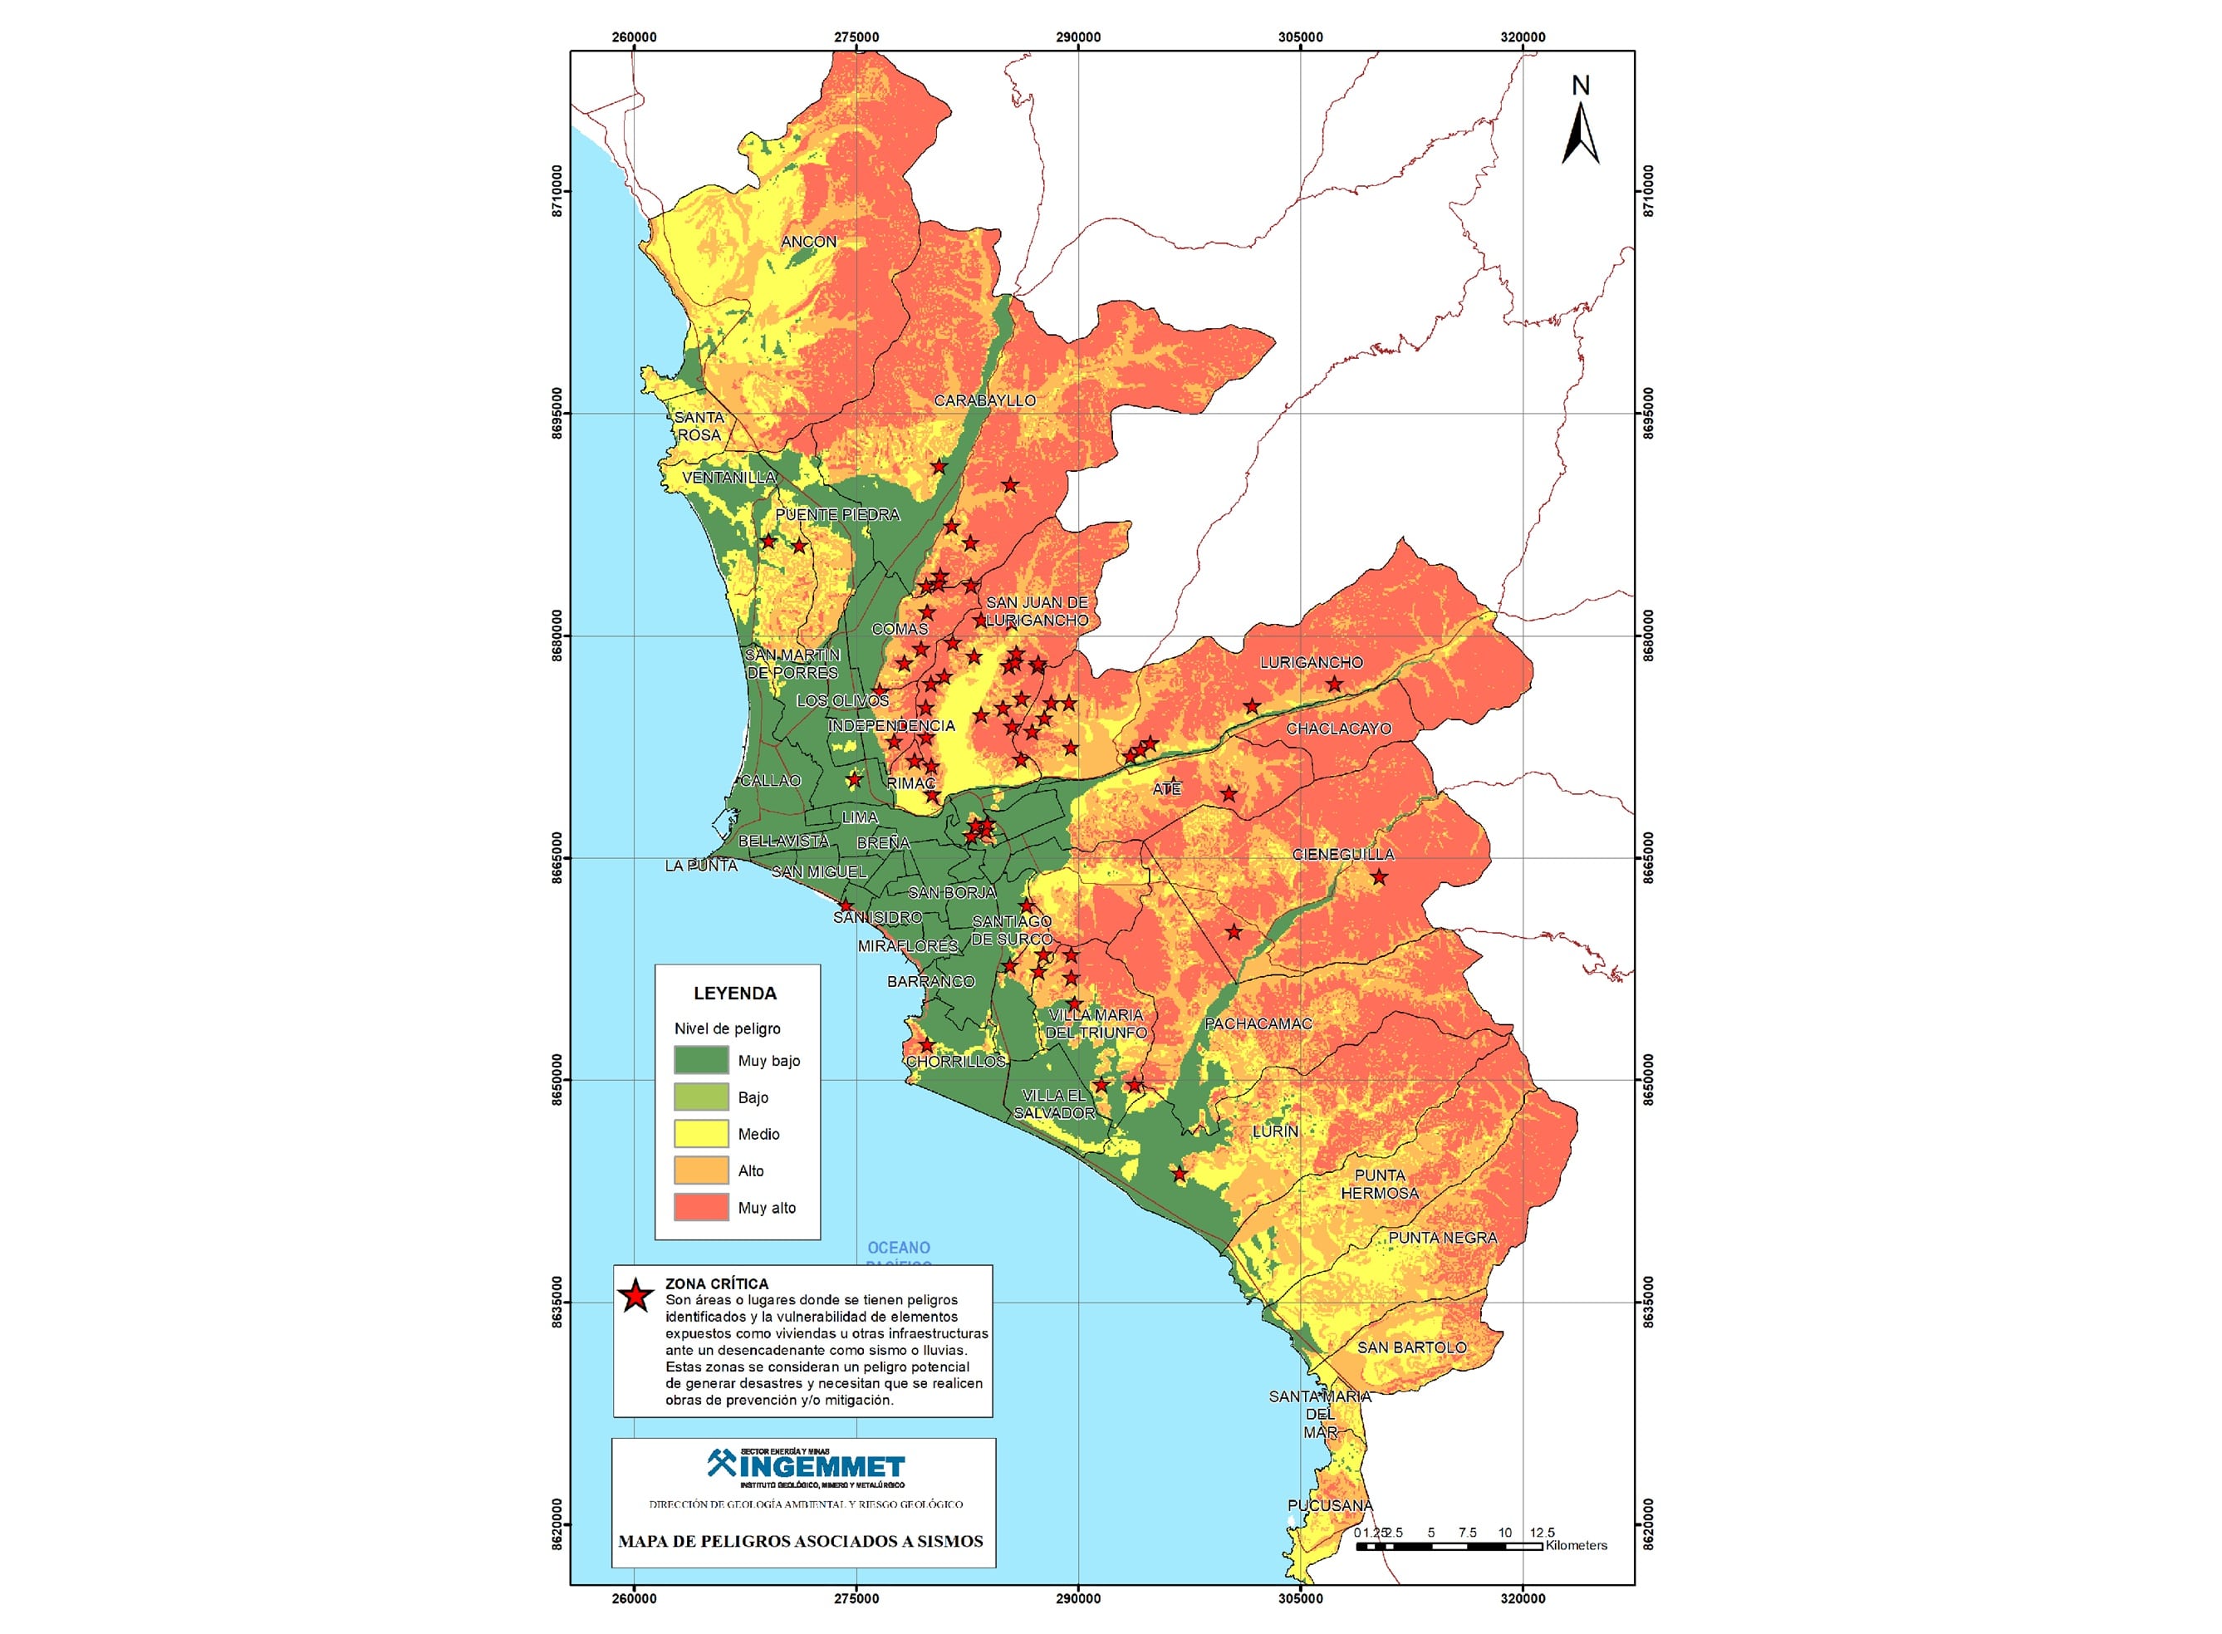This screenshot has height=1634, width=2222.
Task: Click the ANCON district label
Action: click(x=808, y=242)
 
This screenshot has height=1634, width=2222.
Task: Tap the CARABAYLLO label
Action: click(x=984, y=400)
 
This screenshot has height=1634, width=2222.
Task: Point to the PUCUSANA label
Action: click(x=1329, y=1505)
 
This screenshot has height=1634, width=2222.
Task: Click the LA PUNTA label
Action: click(x=700, y=866)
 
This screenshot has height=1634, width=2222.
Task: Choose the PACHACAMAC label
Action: click(x=1258, y=1023)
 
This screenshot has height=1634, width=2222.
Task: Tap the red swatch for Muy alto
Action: click(x=701, y=1207)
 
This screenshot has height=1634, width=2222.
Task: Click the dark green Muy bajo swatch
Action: click(x=701, y=1060)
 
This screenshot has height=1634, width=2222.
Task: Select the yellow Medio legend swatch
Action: click(x=701, y=1134)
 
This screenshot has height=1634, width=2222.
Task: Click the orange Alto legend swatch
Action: click(x=701, y=1170)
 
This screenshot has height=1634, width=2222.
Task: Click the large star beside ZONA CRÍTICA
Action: click(x=635, y=1295)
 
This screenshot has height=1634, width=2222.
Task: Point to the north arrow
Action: click(x=1579, y=125)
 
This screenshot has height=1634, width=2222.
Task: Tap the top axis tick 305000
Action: click(x=1299, y=37)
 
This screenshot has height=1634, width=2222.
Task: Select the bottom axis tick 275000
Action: click(x=856, y=1598)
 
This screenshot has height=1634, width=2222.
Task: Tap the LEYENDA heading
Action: click(x=735, y=993)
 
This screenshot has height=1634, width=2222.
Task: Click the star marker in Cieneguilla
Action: click(x=1379, y=876)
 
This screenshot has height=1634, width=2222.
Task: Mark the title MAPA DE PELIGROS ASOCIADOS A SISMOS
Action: click(x=801, y=1541)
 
